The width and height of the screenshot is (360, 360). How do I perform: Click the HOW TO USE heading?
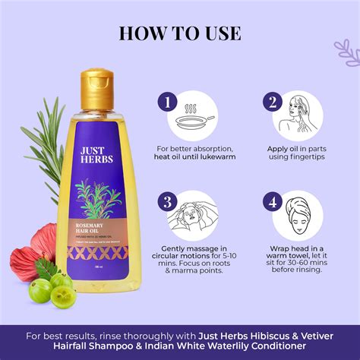point(180,34)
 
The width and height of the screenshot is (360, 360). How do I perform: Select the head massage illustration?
point(193,217)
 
